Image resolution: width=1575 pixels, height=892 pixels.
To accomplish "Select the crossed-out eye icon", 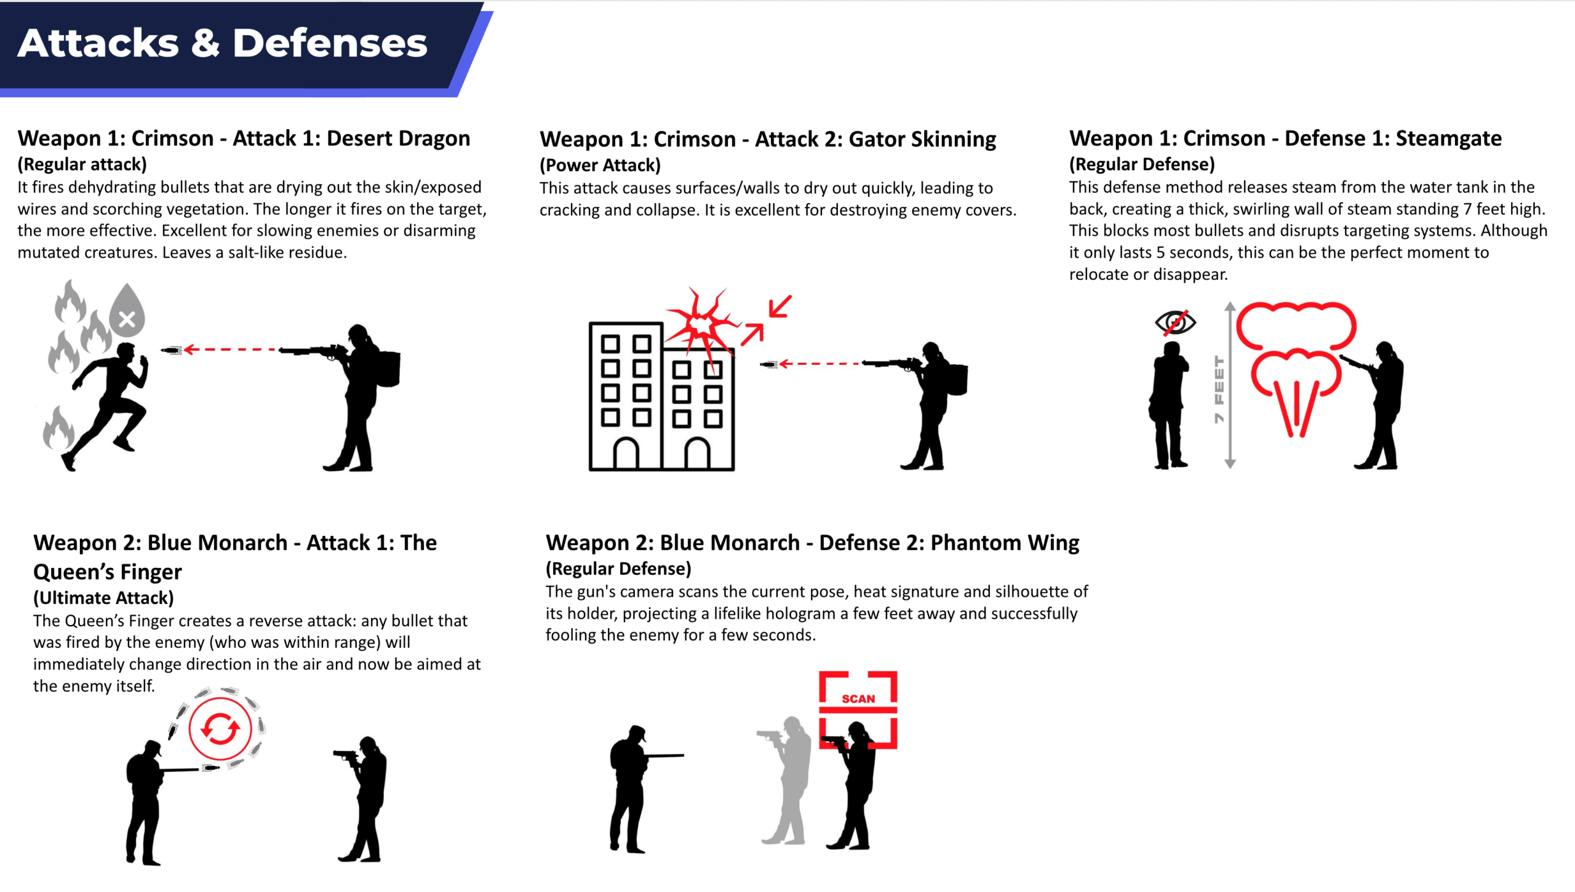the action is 1175,322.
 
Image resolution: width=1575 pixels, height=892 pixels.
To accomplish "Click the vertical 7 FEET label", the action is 1219,389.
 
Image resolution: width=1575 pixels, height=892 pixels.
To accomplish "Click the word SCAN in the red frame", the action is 858,699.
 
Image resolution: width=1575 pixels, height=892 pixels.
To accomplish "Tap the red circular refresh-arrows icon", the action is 220,729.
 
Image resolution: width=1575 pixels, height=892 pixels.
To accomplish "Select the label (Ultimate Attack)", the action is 103,598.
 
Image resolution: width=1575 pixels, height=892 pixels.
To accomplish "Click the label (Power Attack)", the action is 600,165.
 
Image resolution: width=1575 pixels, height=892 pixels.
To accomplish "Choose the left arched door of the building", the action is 626,453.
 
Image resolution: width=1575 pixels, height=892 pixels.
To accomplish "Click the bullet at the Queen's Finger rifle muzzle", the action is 210,768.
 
